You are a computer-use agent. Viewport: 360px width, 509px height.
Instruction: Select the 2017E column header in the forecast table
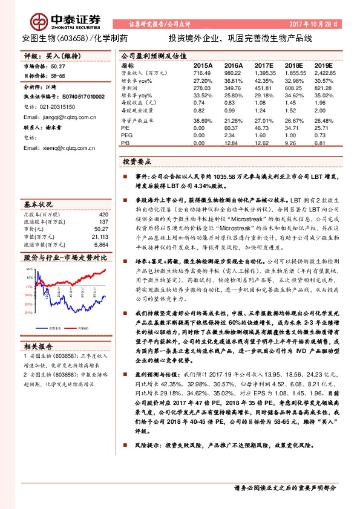click(264, 65)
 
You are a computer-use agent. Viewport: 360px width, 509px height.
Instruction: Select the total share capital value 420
click(103, 215)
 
